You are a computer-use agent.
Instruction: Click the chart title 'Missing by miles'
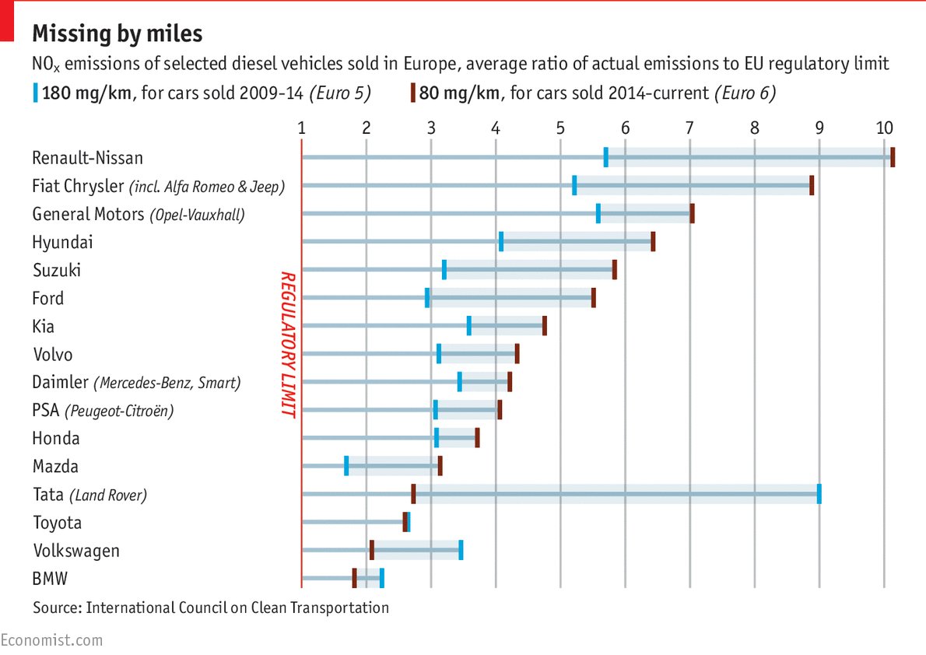click(x=117, y=34)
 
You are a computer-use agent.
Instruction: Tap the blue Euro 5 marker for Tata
click(x=819, y=494)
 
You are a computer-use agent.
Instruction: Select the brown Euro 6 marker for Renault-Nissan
click(x=893, y=157)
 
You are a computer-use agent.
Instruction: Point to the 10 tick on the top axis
click(x=883, y=128)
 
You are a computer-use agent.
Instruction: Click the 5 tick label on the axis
click(x=560, y=128)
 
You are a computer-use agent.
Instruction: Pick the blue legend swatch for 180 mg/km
click(x=35, y=93)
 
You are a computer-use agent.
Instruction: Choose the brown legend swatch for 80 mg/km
click(x=412, y=93)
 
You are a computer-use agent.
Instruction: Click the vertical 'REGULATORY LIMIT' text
click(x=288, y=345)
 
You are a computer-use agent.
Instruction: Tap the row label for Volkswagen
click(x=76, y=551)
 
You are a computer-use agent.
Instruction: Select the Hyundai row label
click(x=62, y=242)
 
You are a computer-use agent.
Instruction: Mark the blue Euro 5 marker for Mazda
click(x=346, y=466)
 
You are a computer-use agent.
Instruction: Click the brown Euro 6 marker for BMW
click(x=354, y=578)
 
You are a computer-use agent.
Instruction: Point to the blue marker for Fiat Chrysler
click(x=574, y=185)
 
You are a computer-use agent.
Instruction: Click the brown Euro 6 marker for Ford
click(x=593, y=298)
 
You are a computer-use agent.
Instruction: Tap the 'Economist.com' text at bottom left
click(x=51, y=640)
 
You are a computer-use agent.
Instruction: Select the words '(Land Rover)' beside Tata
click(x=107, y=495)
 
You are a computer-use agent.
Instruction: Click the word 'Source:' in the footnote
click(x=58, y=607)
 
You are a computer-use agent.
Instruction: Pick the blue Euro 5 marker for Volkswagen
click(x=461, y=550)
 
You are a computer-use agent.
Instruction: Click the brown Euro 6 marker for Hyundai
click(x=653, y=241)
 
